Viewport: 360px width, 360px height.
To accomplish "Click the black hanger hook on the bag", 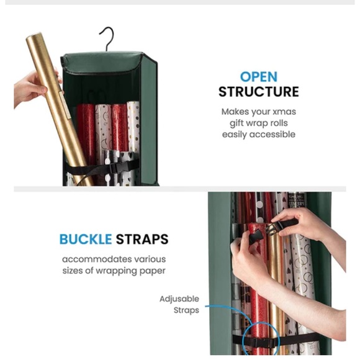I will coord(109,38).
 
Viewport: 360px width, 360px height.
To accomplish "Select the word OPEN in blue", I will coord(258,77).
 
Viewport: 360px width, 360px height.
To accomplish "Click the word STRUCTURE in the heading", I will coord(258,92).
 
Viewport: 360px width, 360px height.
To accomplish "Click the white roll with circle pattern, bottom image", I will coord(303,273).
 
